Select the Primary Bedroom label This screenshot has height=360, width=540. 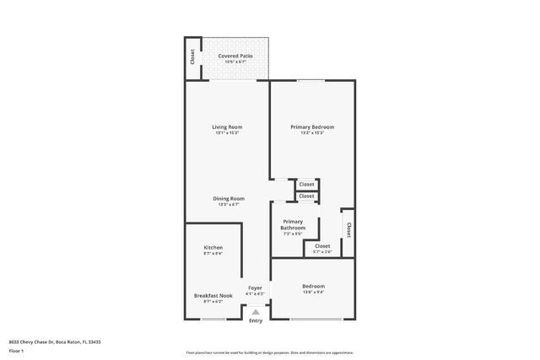coord(307,126)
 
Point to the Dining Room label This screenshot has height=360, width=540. coord(228,198)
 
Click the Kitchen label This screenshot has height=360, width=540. coord(213,247)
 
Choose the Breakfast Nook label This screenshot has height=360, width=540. coord(213,295)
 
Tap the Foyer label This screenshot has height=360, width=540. coord(254,287)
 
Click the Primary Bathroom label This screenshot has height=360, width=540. coord(293,224)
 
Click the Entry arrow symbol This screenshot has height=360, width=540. coord(255,312)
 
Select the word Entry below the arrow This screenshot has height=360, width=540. coord(255,320)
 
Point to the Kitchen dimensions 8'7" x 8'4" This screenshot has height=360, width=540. coord(213,253)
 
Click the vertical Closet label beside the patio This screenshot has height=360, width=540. coord(192,56)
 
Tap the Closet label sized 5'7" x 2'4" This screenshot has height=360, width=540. coord(322,246)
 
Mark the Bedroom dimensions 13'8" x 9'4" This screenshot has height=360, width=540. coord(313,293)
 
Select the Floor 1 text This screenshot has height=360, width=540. coord(16,350)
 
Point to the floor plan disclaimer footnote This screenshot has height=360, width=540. coord(270,352)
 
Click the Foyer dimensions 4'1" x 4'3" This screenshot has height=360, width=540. coord(254,293)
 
